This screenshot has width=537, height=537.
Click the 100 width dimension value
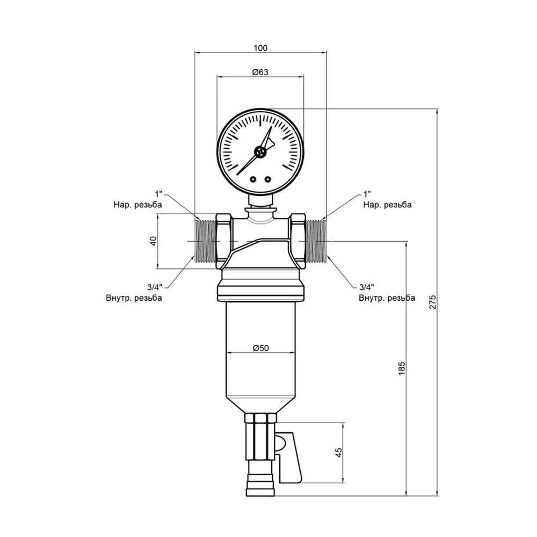pos(260,48)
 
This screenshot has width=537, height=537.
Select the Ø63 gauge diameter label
pos(260,72)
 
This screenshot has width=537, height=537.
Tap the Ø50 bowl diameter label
pos(260,349)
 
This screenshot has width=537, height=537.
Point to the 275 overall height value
pos(433,302)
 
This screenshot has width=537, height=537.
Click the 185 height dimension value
pos(402,368)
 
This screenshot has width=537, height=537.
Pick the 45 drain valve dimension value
pos(338,452)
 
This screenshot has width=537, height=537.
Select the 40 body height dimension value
pos(154,241)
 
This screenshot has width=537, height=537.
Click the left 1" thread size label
pos(158,194)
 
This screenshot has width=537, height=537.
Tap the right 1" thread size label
pos(367,194)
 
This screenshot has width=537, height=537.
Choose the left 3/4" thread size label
pos(155,287)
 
